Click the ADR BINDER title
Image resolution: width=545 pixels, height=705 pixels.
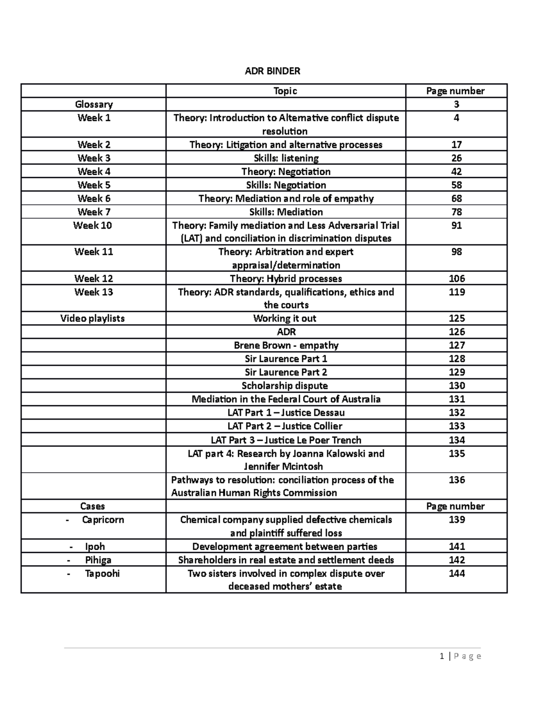272,71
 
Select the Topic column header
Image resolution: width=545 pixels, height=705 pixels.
285,91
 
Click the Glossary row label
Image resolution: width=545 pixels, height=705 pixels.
94,104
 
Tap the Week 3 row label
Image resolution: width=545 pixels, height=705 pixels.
94,158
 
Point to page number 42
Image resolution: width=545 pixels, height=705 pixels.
456,172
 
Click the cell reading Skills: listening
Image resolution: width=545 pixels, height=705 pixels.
286,158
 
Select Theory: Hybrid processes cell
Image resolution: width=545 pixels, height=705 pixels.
286,279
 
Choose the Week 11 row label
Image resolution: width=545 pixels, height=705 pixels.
94,252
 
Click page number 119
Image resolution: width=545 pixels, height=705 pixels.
456,292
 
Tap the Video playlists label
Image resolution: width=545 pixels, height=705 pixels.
92,319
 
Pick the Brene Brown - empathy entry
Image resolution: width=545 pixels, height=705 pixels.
286,345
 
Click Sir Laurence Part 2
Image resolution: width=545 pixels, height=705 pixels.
286,372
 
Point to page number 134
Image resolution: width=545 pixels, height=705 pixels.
456,440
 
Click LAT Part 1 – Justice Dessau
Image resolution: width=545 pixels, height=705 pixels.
286,413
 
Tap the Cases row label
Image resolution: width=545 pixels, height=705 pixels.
92,507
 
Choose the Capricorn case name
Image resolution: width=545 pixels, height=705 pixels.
103,520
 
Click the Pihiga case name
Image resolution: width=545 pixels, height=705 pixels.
98,560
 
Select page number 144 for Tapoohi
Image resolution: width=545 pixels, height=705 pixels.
456,573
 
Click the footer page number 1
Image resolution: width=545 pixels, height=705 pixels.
441,656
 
